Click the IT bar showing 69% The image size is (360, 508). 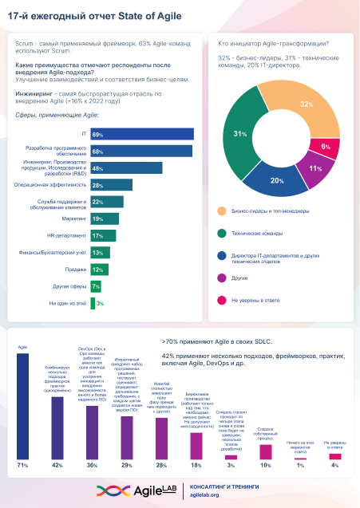pyautogui.click(x=140, y=134)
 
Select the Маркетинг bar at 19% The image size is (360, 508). pyautogui.click(x=105, y=219)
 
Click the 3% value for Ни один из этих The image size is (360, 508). pyautogui.click(x=101, y=303)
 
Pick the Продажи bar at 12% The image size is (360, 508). pyautogui.click(x=99, y=270)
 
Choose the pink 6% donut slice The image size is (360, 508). pyautogui.click(x=324, y=148)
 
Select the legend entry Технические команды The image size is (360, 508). pyautogui.click(x=259, y=233)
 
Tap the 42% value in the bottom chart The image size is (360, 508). pyautogui.click(x=57, y=463)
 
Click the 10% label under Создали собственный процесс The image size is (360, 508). pyautogui.click(x=266, y=463)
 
